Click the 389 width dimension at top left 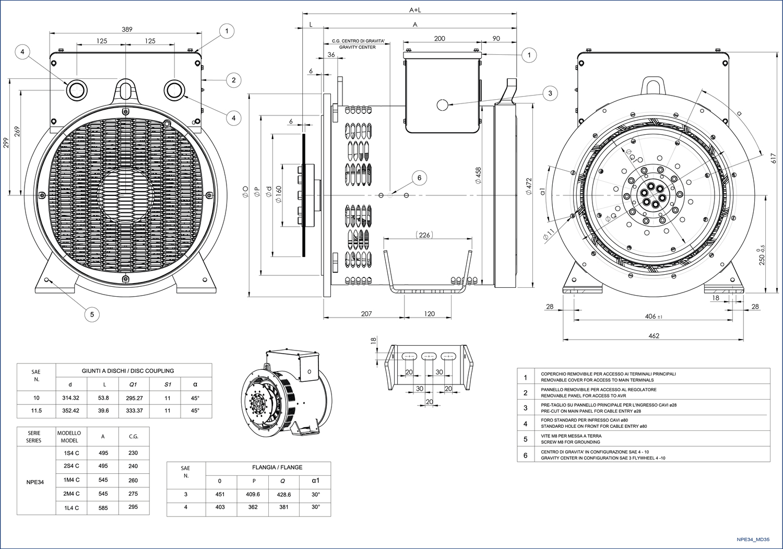coord(127,29)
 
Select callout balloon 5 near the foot coord(92,314)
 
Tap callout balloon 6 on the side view coord(419,178)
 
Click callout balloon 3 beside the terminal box coord(550,94)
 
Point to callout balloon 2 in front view coord(233,80)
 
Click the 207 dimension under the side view coord(366,313)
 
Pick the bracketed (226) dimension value coord(424,235)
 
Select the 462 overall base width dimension coord(654,336)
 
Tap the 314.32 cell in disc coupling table coord(70,398)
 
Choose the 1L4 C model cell coord(72,507)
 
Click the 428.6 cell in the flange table coord(284,494)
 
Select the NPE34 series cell coord(35,482)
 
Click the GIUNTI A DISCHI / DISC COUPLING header coord(128,371)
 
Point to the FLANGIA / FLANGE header coord(277,467)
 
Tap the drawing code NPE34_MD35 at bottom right coord(753,540)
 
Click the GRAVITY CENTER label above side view coord(357,47)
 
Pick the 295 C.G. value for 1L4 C coord(133,507)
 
